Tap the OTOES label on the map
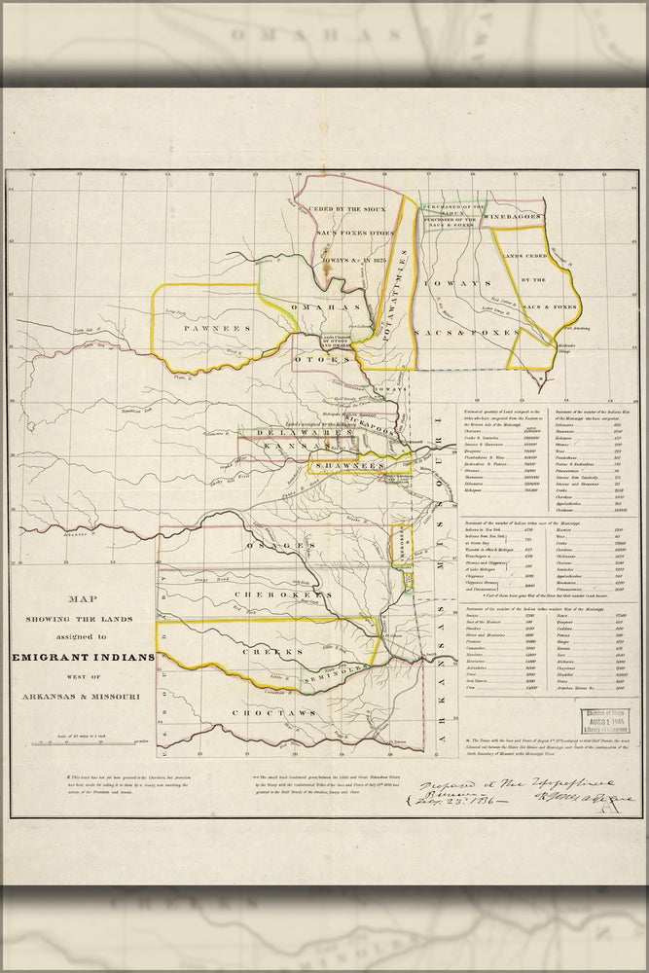(322, 359)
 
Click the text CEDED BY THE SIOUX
(347, 208)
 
